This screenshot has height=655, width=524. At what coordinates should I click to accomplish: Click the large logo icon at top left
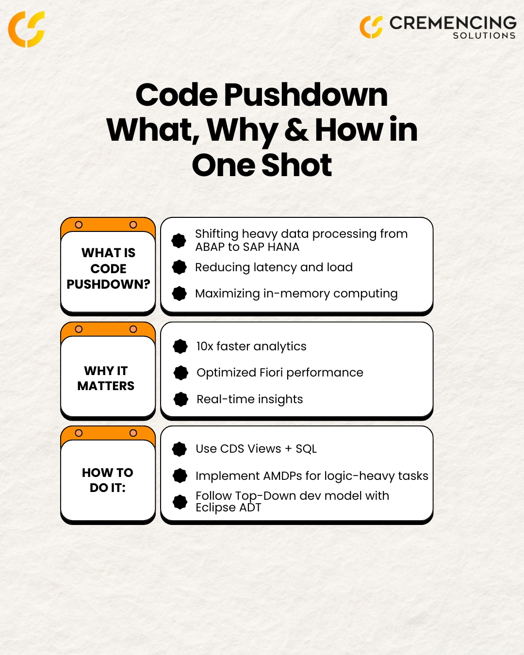27,29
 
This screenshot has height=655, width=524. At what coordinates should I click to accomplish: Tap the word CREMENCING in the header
453,23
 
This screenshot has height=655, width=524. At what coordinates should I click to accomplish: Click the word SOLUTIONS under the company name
484,36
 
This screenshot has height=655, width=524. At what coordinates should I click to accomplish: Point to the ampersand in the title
296,130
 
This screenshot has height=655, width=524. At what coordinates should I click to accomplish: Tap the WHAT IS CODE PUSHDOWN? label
108,268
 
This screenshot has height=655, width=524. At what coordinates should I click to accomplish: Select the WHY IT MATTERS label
106,378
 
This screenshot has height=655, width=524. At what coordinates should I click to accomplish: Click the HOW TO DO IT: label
107,480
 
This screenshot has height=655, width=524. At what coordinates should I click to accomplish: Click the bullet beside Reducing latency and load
180,267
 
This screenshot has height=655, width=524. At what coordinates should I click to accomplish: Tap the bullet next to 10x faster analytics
180,346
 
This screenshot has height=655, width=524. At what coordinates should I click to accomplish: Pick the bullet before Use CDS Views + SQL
180,449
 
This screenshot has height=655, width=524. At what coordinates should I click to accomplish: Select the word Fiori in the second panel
271,373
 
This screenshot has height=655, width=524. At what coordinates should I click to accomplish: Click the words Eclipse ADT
228,508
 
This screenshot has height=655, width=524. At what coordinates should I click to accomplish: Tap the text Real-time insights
249,399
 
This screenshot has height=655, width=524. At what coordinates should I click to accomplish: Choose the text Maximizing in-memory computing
296,294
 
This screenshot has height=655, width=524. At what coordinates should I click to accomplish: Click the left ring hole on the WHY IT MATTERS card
79,329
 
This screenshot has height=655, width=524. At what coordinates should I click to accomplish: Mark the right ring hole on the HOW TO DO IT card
133,433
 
